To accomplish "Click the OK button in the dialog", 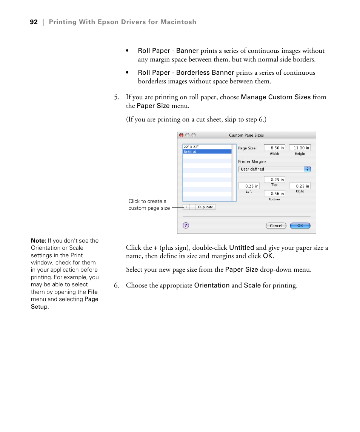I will pos(300,226).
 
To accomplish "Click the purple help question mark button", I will pos(186,225).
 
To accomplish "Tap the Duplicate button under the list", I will pos(206,207).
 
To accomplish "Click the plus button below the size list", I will pos(186,207).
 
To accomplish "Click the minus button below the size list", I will pos(192,207).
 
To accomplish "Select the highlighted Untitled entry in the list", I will pos(207,152).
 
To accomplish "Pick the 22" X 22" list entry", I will pos(207,147).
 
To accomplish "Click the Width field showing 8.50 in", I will pos(274,148).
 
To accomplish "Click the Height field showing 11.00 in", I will pos(300,148).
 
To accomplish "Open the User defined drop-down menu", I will pos(274,169).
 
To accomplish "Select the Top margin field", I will pos(274,180).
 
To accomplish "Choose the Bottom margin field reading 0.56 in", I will pos(274,194).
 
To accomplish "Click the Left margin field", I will pos(249,186).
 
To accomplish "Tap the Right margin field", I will pos(300,186).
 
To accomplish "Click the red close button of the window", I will pos(181,135).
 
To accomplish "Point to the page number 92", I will pos(34,22).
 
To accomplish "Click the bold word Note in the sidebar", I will pos(38,241).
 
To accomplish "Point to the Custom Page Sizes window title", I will pos(246,135).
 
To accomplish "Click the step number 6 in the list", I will pos(117,286).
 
